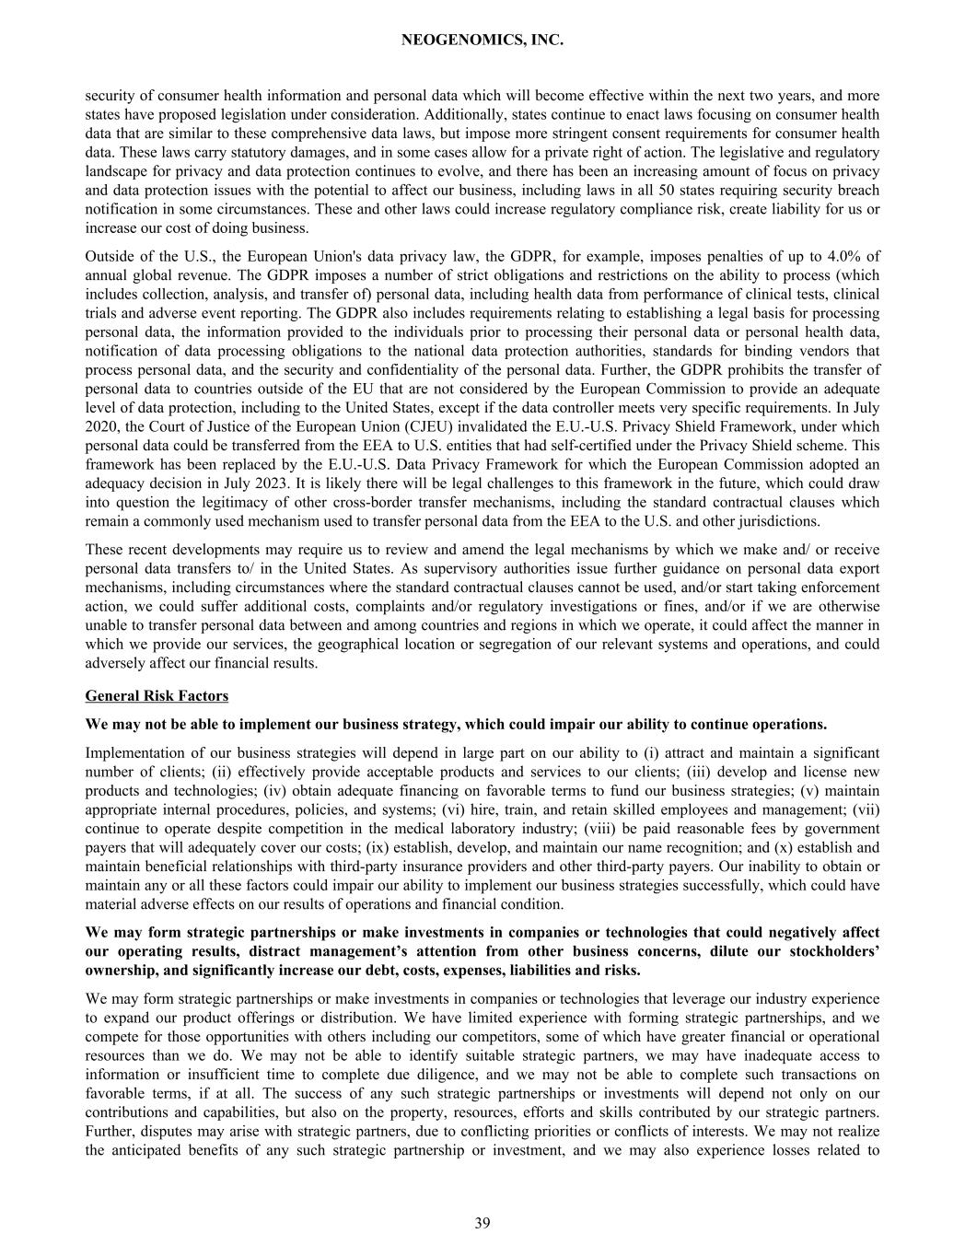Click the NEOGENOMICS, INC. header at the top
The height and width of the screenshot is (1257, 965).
click(x=482, y=41)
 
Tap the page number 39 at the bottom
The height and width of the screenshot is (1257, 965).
click(x=482, y=1223)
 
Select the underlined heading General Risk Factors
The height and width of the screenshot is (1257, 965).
click(x=157, y=695)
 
